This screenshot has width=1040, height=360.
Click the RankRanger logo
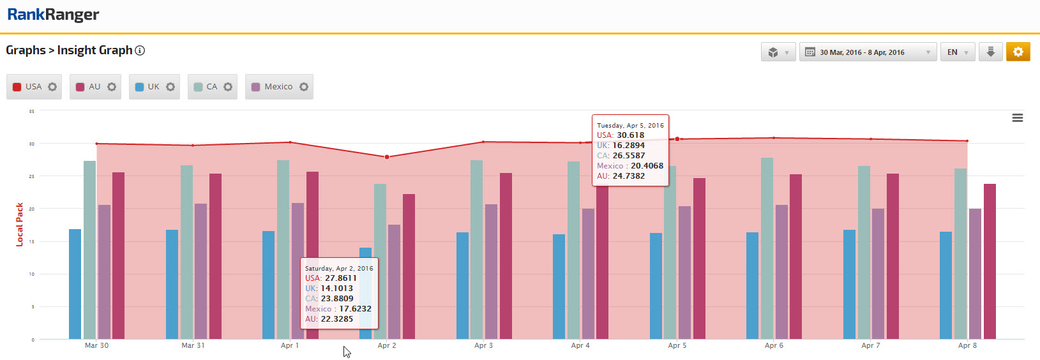[x=53, y=15]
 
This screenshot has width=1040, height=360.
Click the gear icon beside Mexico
[x=304, y=87]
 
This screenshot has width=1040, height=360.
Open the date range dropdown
[x=867, y=52]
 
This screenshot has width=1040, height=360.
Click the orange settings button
[x=1018, y=52]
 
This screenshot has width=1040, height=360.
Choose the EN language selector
[x=957, y=52]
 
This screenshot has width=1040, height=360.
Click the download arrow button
[x=990, y=52]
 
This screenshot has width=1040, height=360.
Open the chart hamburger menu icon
[x=1018, y=118]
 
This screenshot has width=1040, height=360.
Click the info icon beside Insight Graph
[x=140, y=50]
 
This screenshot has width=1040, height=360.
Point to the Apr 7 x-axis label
[x=870, y=345]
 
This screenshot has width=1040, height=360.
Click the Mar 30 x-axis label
[x=96, y=345]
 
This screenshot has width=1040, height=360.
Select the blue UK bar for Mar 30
[x=75, y=284]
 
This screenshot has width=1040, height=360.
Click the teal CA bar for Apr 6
[x=767, y=249]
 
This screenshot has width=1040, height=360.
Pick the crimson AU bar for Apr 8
[x=990, y=262]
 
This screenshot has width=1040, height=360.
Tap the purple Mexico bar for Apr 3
[x=491, y=271]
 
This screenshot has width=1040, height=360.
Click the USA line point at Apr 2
[x=387, y=157]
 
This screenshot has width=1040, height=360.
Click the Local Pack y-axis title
[x=19, y=225]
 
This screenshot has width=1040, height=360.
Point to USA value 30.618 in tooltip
[x=630, y=135]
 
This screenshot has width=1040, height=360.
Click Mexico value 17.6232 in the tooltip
[x=355, y=309]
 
